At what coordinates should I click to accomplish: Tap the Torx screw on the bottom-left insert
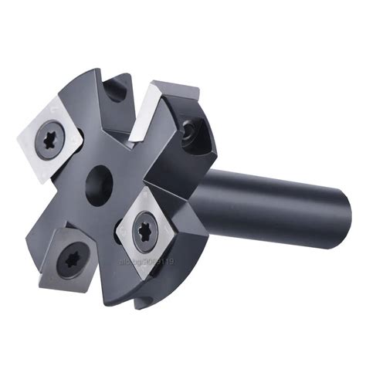click(x=71, y=260)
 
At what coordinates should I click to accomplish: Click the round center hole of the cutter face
click(x=100, y=186)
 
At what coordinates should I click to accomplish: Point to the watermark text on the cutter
click(x=147, y=263)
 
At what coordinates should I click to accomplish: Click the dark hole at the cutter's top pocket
click(x=115, y=91)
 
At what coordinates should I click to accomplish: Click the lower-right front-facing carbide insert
click(x=147, y=228)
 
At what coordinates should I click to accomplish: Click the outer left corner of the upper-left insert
click(x=19, y=142)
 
